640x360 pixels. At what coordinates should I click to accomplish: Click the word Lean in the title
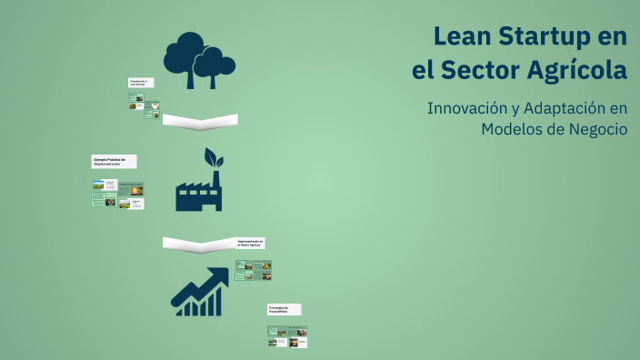[x=463, y=37]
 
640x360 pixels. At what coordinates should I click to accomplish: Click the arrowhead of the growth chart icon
[x=219, y=275]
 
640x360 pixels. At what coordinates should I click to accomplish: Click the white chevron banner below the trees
[x=200, y=121]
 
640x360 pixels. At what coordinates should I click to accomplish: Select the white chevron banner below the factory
[x=200, y=244]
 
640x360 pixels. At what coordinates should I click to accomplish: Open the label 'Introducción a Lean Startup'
[x=141, y=83]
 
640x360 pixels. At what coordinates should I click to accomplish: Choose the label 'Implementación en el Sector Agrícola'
[x=252, y=243]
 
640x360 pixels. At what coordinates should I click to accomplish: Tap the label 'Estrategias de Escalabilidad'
[x=284, y=309]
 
